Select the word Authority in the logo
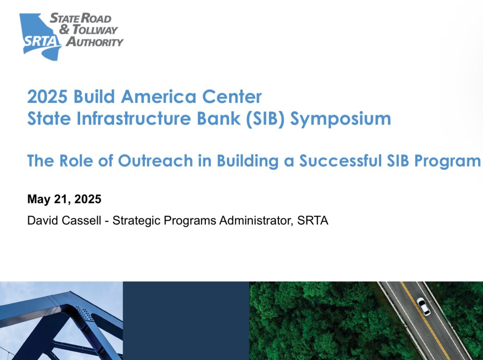click(x=94, y=42)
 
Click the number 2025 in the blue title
click(x=47, y=96)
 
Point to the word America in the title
click(x=158, y=96)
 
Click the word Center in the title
click(x=232, y=96)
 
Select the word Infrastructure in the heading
click(x=133, y=118)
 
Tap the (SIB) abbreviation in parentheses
click(x=265, y=119)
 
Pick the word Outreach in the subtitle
click(x=155, y=160)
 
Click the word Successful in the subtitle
click(x=341, y=160)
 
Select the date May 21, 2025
click(x=64, y=199)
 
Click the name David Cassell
click(x=64, y=220)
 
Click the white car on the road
click(x=424, y=306)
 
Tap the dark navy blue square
click(x=186, y=320)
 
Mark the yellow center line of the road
click(x=426, y=320)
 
